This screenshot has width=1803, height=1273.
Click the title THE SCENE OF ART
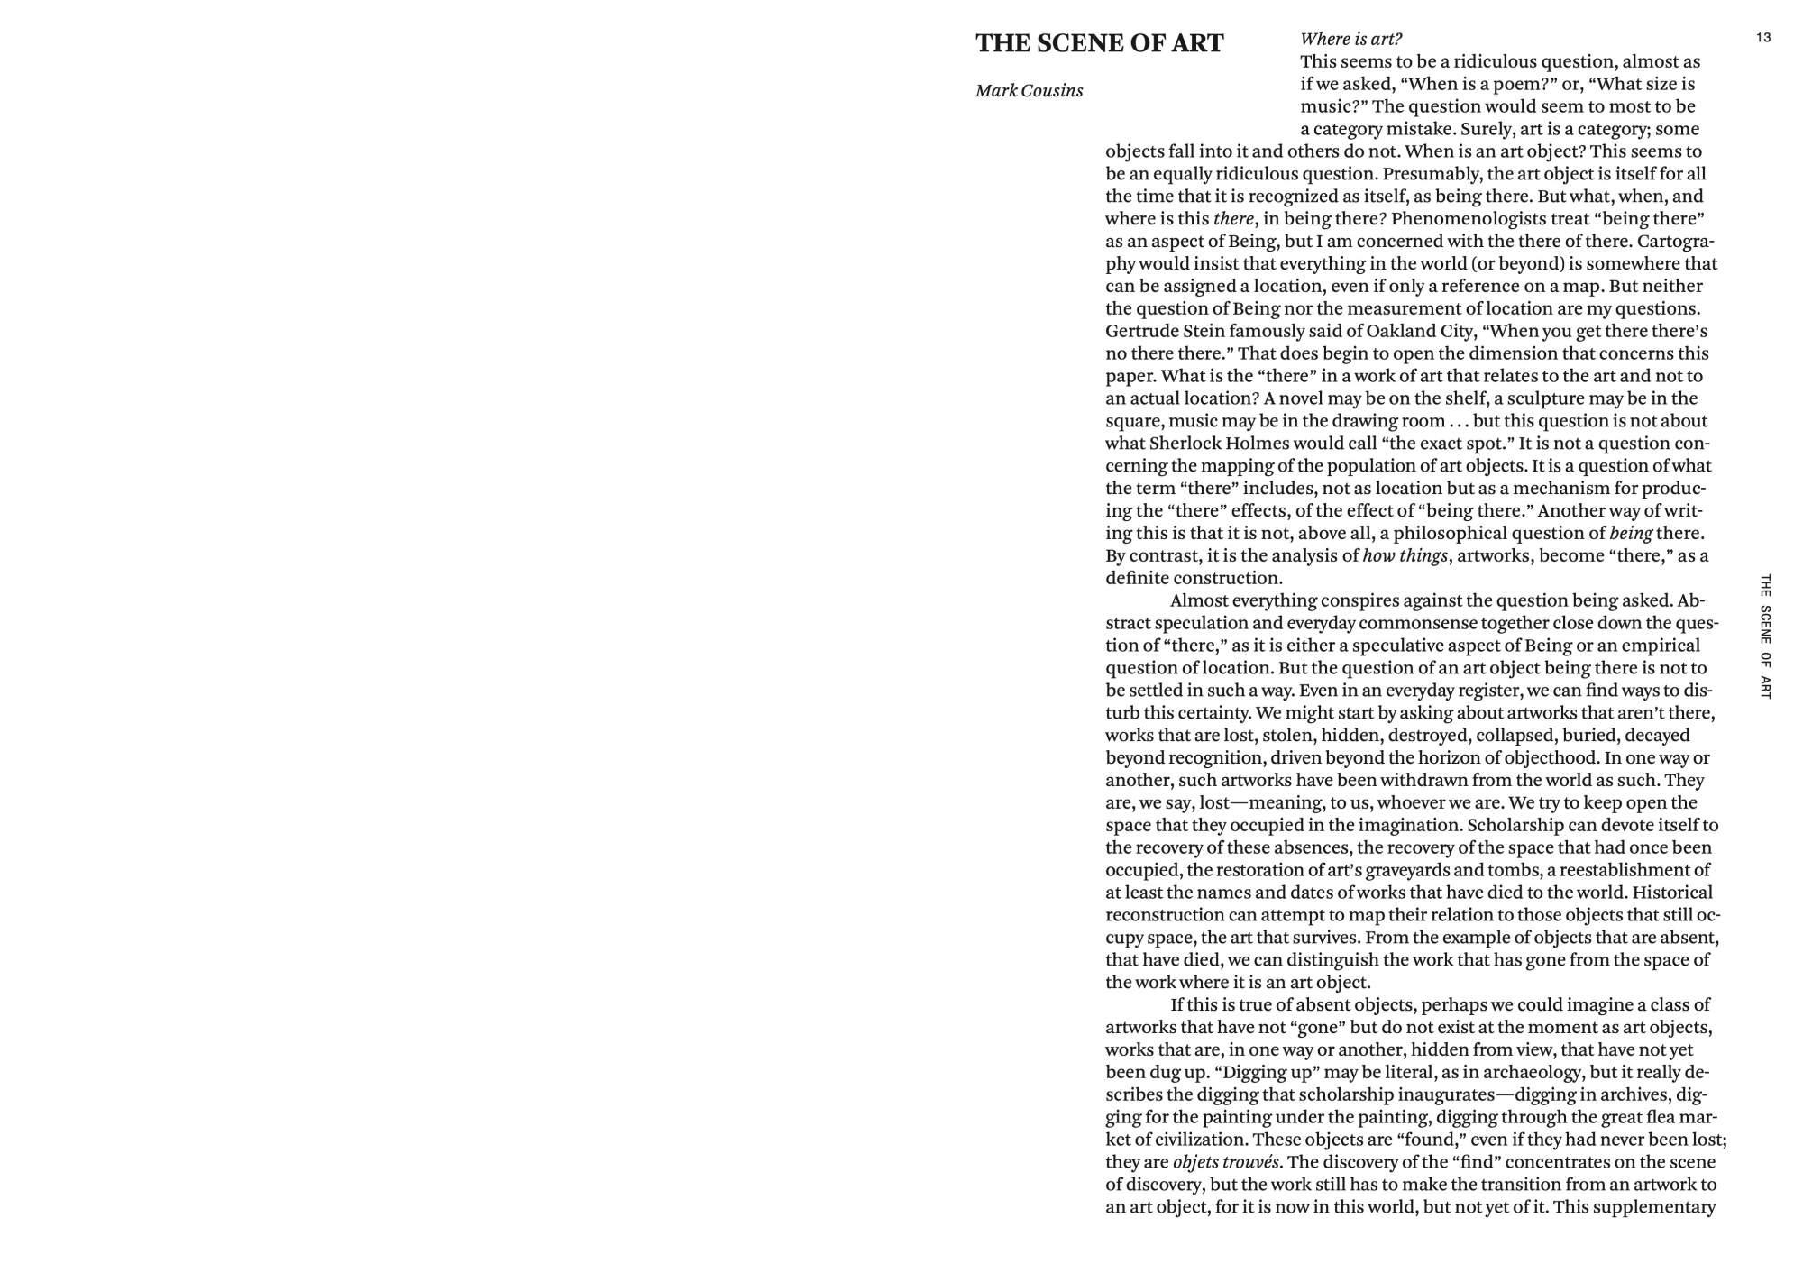pos(1099,43)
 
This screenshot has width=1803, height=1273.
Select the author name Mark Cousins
pos(1029,91)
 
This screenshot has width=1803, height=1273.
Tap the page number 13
pos(1763,38)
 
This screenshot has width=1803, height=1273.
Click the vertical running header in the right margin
pos(1765,636)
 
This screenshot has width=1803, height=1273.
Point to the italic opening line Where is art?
pos(1350,39)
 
